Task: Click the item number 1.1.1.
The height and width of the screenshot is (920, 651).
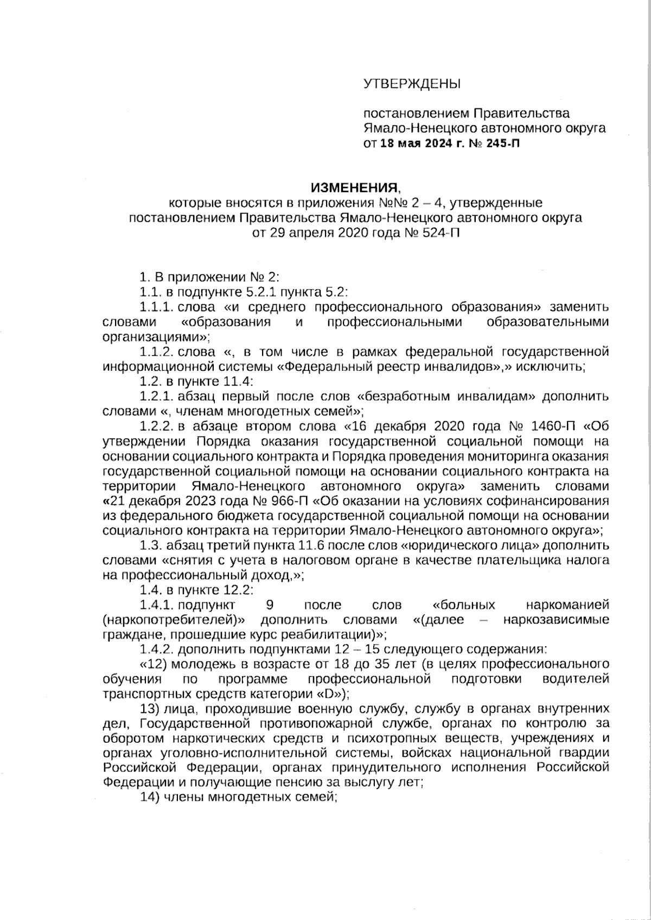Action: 156,307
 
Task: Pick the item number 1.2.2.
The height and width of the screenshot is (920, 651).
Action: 156,425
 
